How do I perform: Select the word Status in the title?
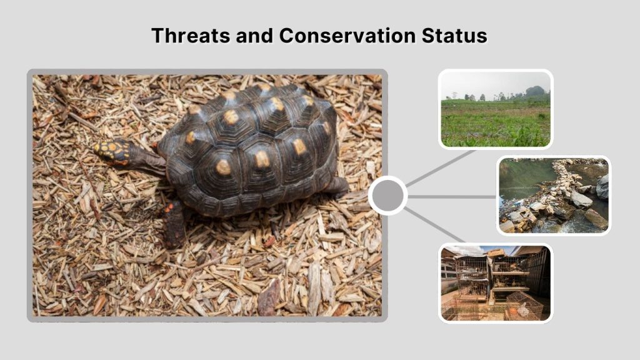[454, 35]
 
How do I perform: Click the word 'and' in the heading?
[255, 35]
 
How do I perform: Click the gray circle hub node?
[387, 196]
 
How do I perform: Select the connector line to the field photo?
[441, 167]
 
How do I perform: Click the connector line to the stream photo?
[451, 196]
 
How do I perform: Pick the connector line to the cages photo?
[435, 225]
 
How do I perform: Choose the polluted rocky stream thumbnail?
[554, 196]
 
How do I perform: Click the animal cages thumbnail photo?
[496, 282]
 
